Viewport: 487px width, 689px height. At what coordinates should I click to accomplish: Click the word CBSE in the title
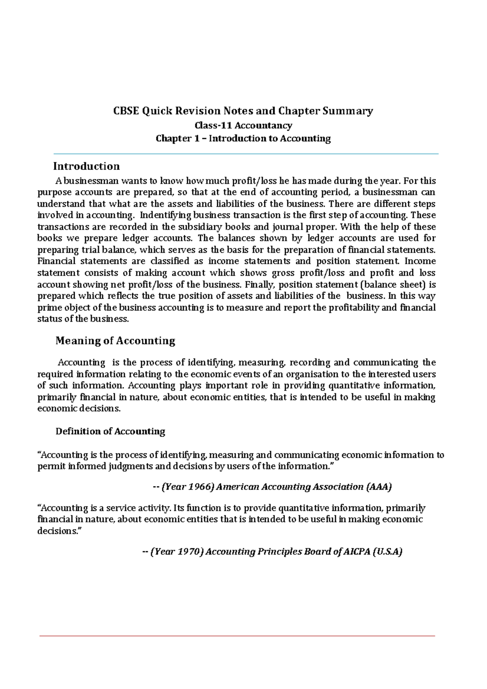tap(126, 111)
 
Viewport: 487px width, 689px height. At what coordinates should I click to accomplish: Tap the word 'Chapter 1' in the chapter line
tap(178, 138)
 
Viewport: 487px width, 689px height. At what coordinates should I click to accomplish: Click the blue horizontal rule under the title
tap(246, 154)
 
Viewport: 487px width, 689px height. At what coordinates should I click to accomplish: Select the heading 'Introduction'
tap(86, 166)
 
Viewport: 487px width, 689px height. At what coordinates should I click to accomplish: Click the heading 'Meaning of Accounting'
tap(115, 340)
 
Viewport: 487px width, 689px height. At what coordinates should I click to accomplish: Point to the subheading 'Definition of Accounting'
tap(110, 431)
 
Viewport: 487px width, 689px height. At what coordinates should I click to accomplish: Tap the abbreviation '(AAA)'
tap(379, 487)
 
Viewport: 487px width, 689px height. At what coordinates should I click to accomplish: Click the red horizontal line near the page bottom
tap(237, 636)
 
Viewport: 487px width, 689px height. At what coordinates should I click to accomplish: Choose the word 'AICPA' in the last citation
tap(356, 551)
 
